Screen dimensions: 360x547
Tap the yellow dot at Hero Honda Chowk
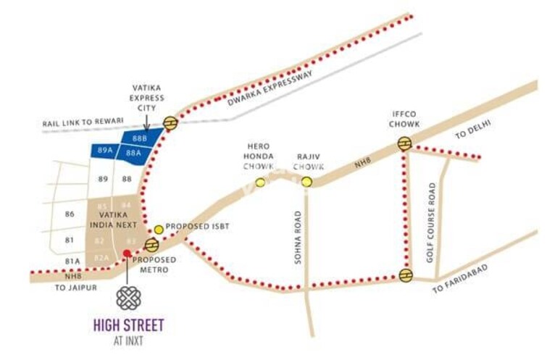pyautogui.click(x=260, y=182)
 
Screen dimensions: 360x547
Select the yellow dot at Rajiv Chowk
pyautogui.click(x=307, y=182)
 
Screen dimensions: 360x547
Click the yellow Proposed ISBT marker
pyautogui.click(x=159, y=230)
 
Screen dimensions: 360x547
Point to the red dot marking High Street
pyautogui.click(x=127, y=254)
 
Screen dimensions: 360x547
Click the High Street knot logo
pyautogui.click(x=128, y=298)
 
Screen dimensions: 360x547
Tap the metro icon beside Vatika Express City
pyautogui.click(x=170, y=123)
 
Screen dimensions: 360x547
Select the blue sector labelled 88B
pyautogui.click(x=139, y=138)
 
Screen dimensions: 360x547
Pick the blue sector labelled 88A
pyautogui.click(x=133, y=153)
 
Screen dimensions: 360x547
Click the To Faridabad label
pyautogui.click(x=461, y=279)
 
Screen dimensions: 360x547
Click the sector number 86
pyautogui.click(x=70, y=214)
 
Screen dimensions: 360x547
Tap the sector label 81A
pyautogui.click(x=72, y=261)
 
